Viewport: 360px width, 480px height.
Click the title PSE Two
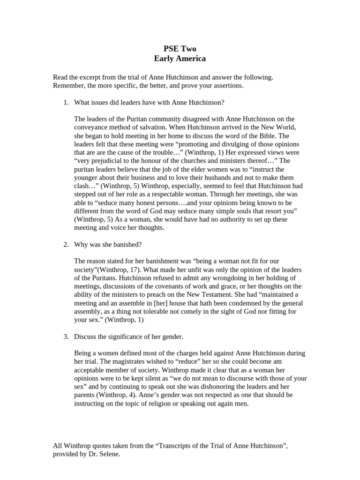click(x=180, y=49)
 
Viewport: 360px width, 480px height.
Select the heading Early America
click(x=180, y=59)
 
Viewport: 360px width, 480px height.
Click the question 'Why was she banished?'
click(x=108, y=244)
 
